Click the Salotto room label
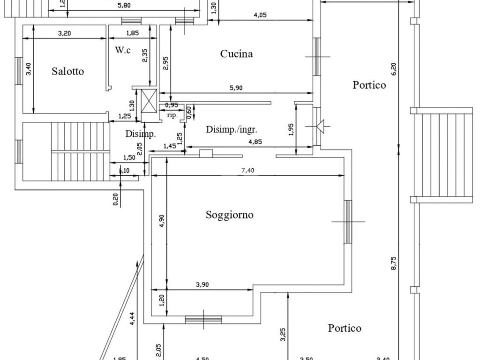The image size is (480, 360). coord(68,71)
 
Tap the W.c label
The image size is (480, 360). coord(123,50)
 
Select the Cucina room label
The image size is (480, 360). coord(236,54)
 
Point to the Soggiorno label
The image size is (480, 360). coord(230,215)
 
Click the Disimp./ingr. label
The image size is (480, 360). coord(232,130)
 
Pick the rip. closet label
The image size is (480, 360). coord(172,115)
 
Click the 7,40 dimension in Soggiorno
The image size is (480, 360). coord(247,171)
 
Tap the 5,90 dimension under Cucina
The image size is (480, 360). coord(236,88)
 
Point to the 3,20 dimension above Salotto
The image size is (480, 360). coord(64,33)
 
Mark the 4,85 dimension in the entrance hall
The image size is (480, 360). coord(255,142)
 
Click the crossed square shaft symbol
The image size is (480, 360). coord(150,100)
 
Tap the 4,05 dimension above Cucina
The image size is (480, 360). coord(260,15)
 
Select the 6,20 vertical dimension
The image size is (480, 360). coord(394,69)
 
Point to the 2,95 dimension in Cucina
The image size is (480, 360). coord(165,63)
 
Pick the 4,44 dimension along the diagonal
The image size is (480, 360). coord(133,318)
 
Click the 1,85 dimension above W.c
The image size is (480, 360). coord(133,33)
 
